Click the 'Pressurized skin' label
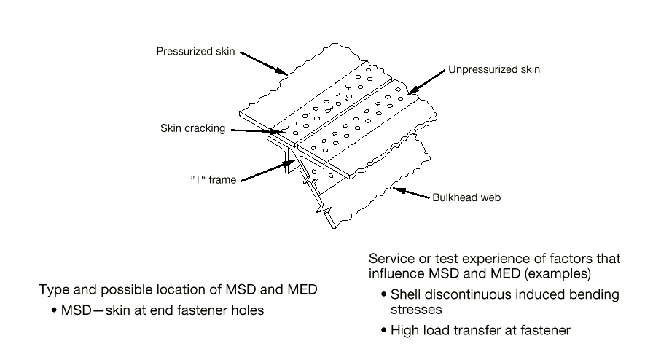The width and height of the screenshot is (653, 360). (195, 52)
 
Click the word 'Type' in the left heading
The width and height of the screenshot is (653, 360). (53, 290)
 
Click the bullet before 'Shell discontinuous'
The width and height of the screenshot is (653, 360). (384, 295)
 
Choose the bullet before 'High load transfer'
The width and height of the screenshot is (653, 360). (384, 331)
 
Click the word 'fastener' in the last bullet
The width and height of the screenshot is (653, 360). (545, 331)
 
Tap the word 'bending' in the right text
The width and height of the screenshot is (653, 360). (594, 295)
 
